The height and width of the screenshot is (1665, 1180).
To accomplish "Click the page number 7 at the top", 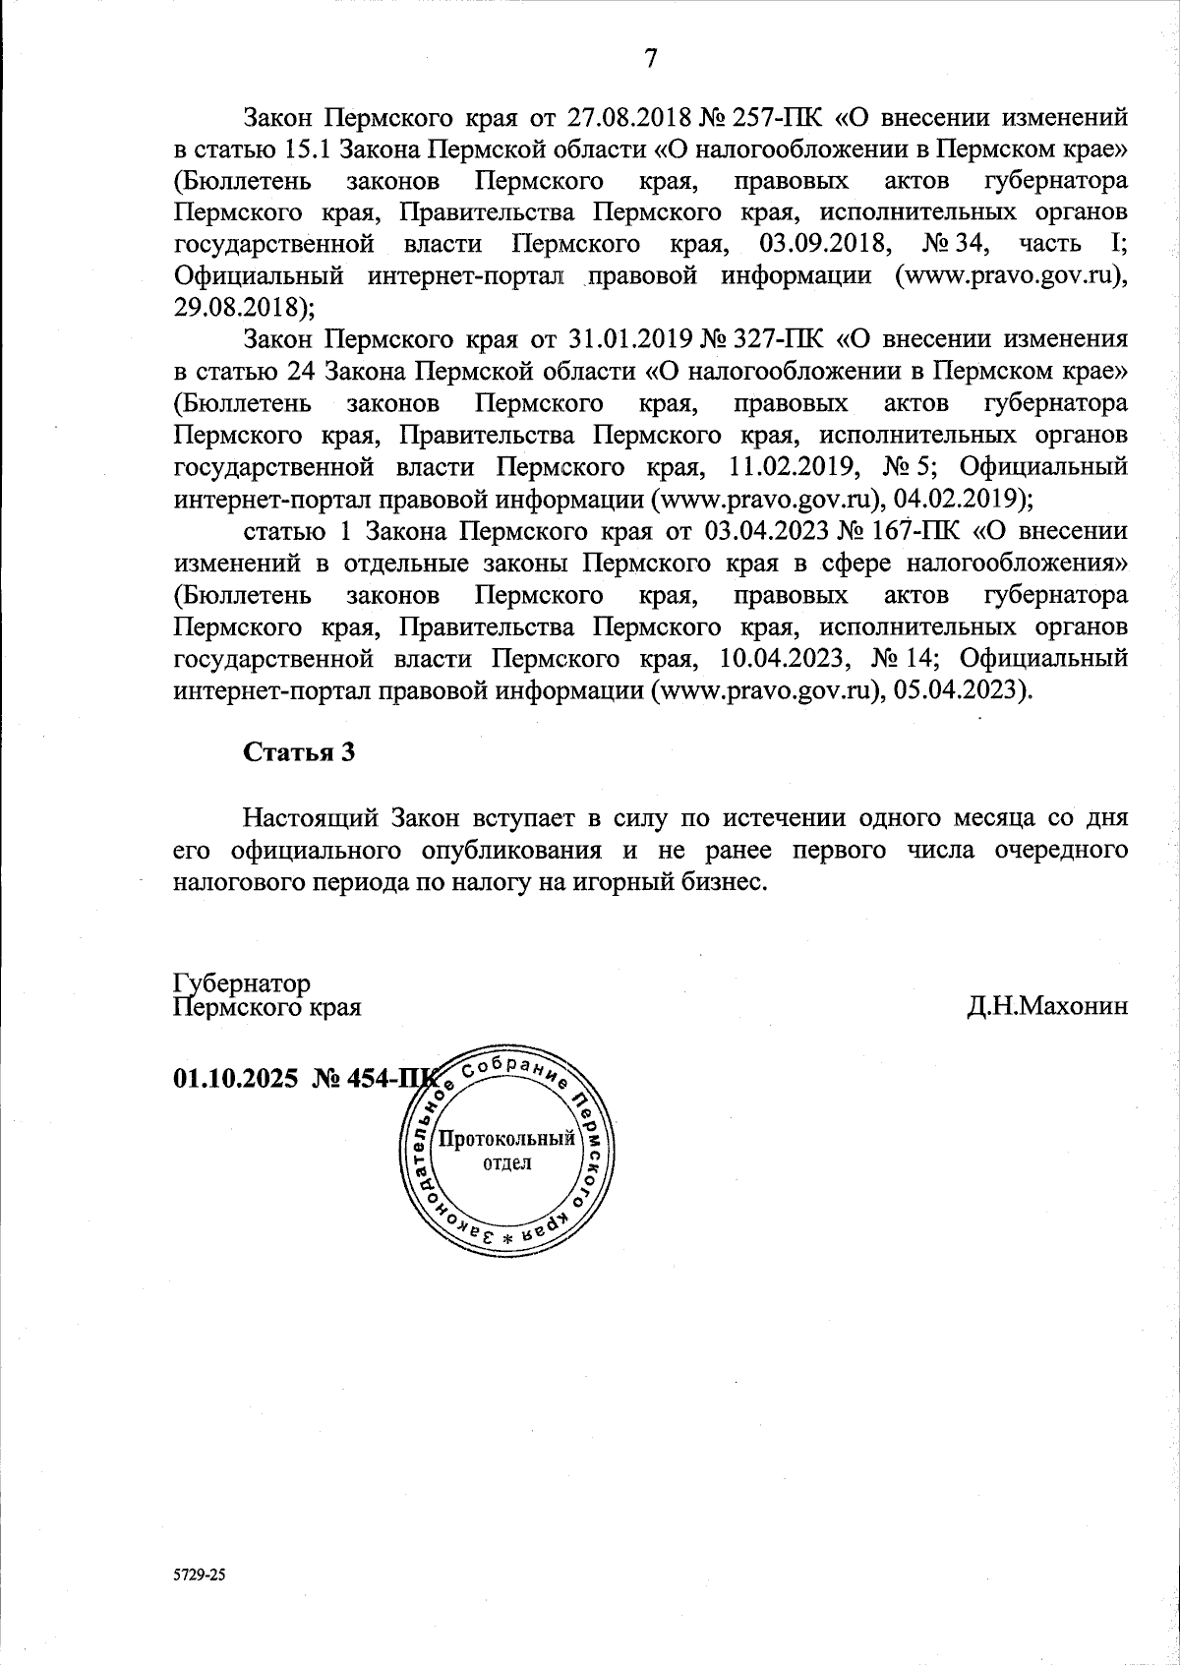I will pyautogui.click(x=650, y=58).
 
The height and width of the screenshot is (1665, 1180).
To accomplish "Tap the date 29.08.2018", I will pyautogui.click(x=239, y=306).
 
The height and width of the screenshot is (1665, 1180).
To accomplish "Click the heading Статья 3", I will pyautogui.click(x=298, y=752).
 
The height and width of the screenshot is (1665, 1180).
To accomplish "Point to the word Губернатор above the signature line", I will pyautogui.click(x=242, y=983).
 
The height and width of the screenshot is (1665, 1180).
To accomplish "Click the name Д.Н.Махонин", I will pyautogui.click(x=1046, y=1007).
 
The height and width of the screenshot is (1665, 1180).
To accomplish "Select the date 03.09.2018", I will pyautogui.click(x=820, y=243).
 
